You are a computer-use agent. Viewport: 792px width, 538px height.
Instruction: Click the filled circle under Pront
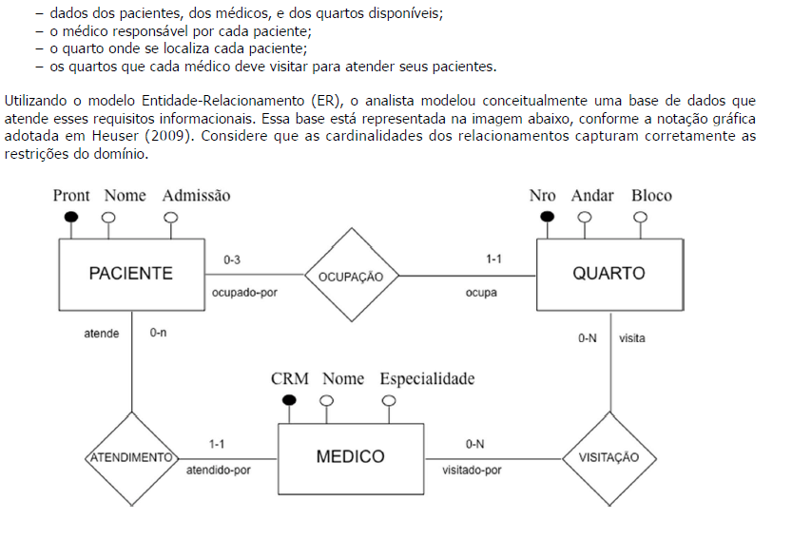(x=71, y=217)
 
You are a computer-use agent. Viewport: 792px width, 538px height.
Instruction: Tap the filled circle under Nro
(x=547, y=217)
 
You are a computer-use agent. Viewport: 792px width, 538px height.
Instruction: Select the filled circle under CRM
(x=289, y=400)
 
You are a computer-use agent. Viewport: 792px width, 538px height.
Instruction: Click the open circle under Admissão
(x=171, y=218)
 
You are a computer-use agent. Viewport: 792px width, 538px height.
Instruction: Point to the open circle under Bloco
(x=641, y=218)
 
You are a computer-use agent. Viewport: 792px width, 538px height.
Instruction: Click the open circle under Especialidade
(x=389, y=400)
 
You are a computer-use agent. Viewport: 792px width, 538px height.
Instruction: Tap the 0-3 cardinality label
(x=232, y=259)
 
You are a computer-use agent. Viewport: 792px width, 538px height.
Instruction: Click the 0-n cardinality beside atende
(x=158, y=333)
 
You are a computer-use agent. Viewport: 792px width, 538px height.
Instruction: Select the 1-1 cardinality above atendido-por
(x=217, y=444)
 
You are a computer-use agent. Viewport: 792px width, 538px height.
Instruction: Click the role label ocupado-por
(x=244, y=293)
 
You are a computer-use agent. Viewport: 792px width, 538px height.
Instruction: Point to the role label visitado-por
(x=472, y=471)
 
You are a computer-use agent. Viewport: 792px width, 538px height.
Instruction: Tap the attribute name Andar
(x=592, y=196)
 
